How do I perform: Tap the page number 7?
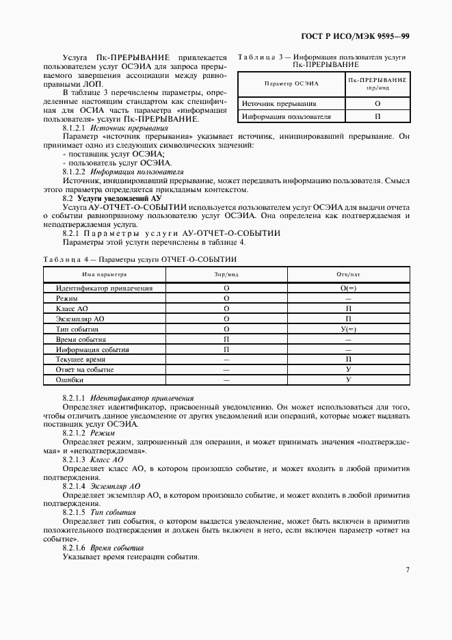(407, 569)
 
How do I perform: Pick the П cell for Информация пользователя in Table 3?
(377, 116)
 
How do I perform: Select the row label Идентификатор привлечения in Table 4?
(104, 288)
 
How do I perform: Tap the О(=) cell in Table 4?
(348, 288)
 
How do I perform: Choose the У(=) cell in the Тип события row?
(348, 329)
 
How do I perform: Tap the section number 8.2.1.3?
(73, 460)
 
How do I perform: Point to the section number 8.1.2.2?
(73, 172)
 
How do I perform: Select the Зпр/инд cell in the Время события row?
(226, 339)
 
